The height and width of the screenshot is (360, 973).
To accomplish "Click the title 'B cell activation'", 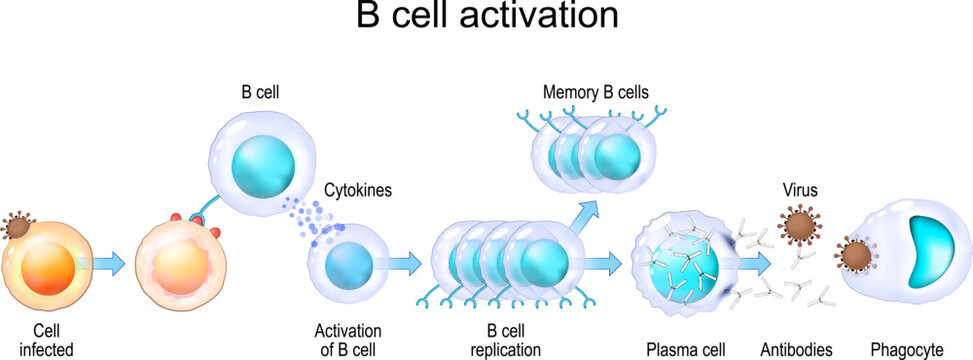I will pos(486,17).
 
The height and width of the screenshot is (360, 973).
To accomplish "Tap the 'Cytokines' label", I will pos(355,188).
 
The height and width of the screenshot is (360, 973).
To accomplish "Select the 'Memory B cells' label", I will pos(596,92).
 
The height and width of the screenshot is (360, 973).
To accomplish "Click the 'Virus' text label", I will pos(800,188).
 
